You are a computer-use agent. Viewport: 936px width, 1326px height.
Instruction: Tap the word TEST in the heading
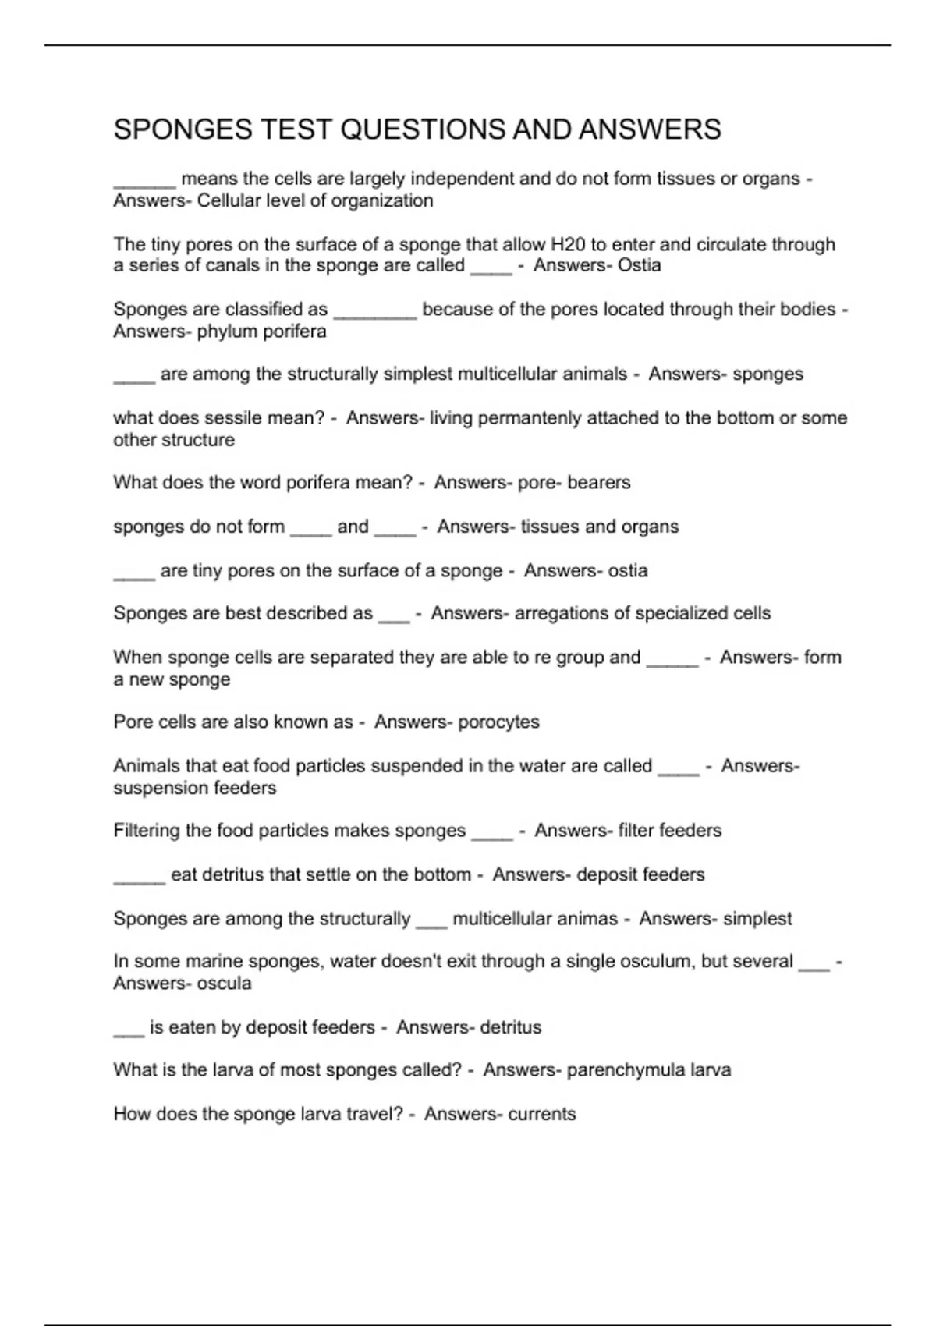[x=297, y=129]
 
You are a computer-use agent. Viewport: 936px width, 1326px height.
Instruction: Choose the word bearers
[x=598, y=483]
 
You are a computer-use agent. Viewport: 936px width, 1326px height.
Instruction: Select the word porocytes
[x=498, y=722]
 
